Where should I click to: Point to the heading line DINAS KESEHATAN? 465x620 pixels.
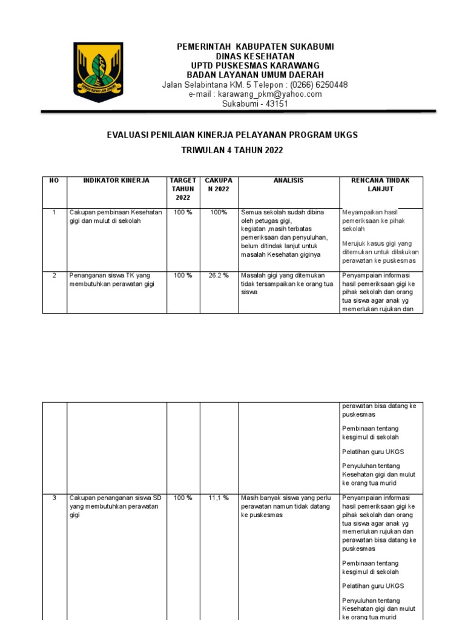coord(255,56)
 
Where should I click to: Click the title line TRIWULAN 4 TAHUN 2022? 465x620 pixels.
coord(232,150)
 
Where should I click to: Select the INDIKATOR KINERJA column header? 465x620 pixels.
coord(116,180)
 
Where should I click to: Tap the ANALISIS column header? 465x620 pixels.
coord(289,180)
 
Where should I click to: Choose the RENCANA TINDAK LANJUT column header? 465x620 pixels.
coord(381,185)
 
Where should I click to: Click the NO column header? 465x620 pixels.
coord(54,180)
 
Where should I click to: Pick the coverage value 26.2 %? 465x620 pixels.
coord(219,275)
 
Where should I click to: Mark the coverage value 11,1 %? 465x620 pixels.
coord(219,498)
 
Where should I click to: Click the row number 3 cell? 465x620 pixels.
coord(54,498)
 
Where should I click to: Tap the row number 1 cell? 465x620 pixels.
coord(54,213)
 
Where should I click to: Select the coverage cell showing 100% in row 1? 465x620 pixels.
coord(219,213)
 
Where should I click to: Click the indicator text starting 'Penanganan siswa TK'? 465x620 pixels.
coord(110,280)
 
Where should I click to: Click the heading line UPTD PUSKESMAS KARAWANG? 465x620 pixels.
coord(255,65)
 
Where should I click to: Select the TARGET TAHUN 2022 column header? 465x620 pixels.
coord(183,189)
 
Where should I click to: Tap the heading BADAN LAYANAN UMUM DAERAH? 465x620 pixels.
coord(255,74)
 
